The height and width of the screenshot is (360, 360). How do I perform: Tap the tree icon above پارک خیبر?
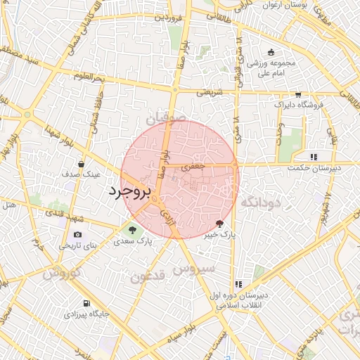pyautogui.click(x=220, y=224)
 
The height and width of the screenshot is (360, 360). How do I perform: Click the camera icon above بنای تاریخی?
pyautogui.click(x=77, y=235)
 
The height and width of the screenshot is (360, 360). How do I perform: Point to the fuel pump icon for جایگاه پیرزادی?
pyautogui.click(x=86, y=304)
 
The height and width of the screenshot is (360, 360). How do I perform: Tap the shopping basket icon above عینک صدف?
pyautogui.click(x=82, y=164)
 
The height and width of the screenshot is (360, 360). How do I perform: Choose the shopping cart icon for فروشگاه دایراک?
pyautogui.click(x=298, y=95)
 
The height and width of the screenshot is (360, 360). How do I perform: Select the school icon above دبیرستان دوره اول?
pyautogui.click(x=239, y=285)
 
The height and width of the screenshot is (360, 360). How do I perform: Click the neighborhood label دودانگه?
pyautogui.click(x=260, y=202)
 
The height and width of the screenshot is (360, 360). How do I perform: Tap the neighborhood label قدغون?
pyautogui.click(x=148, y=275)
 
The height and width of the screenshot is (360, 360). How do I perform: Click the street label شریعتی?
pyautogui.click(x=208, y=91)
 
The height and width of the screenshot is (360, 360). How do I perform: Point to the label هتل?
pyautogui.click(x=9, y=205)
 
